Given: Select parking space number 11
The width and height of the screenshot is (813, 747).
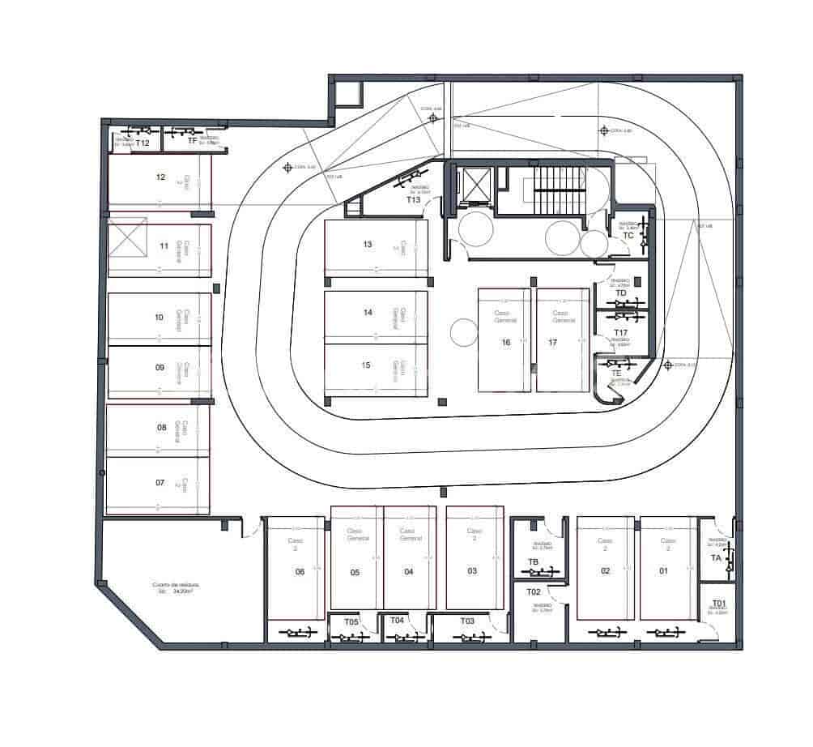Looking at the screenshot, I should [x=164, y=246].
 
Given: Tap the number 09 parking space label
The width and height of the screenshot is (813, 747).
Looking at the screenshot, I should [x=160, y=367].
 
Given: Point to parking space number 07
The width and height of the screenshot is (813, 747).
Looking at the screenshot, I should [x=160, y=483].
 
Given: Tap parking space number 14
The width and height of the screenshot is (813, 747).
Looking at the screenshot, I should [x=368, y=312].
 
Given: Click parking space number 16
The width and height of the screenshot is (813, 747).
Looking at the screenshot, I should [x=505, y=343].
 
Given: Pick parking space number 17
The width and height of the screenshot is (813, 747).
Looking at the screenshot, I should [x=553, y=343].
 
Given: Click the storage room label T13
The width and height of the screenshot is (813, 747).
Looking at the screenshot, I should [x=413, y=199].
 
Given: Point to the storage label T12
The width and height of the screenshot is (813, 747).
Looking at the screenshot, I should [x=143, y=143].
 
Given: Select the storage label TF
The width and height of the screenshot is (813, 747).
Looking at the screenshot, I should [x=193, y=141].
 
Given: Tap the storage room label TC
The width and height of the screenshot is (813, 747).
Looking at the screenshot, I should [x=628, y=236].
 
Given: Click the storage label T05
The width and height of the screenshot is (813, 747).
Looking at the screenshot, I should [x=351, y=621].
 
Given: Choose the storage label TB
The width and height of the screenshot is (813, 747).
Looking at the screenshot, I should [x=533, y=561].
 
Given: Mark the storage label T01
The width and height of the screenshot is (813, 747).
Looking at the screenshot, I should [x=718, y=604].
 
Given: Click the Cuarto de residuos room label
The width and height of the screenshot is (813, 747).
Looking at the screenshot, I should [x=176, y=587].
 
